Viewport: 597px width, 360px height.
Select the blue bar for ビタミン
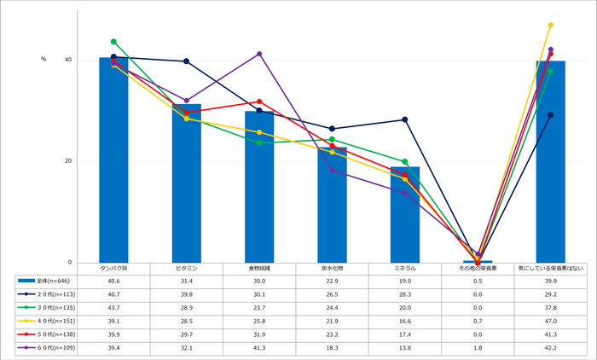point(186,183)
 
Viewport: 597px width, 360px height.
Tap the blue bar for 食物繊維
point(259,187)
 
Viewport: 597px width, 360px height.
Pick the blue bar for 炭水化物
point(332,205)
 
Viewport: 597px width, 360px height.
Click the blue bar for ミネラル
point(405,215)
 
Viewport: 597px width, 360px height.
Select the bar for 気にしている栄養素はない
point(550,162)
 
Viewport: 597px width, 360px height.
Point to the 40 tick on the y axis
point(67,60)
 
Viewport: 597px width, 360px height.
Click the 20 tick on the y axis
point(67,161)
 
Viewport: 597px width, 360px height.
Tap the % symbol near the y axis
point(43,59)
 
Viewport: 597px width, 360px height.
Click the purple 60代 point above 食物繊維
point(259,54)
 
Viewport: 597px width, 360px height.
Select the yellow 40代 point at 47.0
point(550,25)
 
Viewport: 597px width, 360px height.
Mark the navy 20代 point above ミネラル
point(405,119)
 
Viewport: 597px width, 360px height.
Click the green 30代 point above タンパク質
point(113,41)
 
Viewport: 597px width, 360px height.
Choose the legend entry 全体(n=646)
point(47,280)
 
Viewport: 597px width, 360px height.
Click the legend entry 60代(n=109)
point(47,348)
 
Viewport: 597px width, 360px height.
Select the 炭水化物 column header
point(332,268)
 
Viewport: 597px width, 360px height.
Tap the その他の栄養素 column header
point(478,268)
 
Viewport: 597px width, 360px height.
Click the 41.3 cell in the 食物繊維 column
point(259,348)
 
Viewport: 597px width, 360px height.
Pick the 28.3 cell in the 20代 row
point(405,293)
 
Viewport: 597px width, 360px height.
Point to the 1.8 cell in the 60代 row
point(478,348)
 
